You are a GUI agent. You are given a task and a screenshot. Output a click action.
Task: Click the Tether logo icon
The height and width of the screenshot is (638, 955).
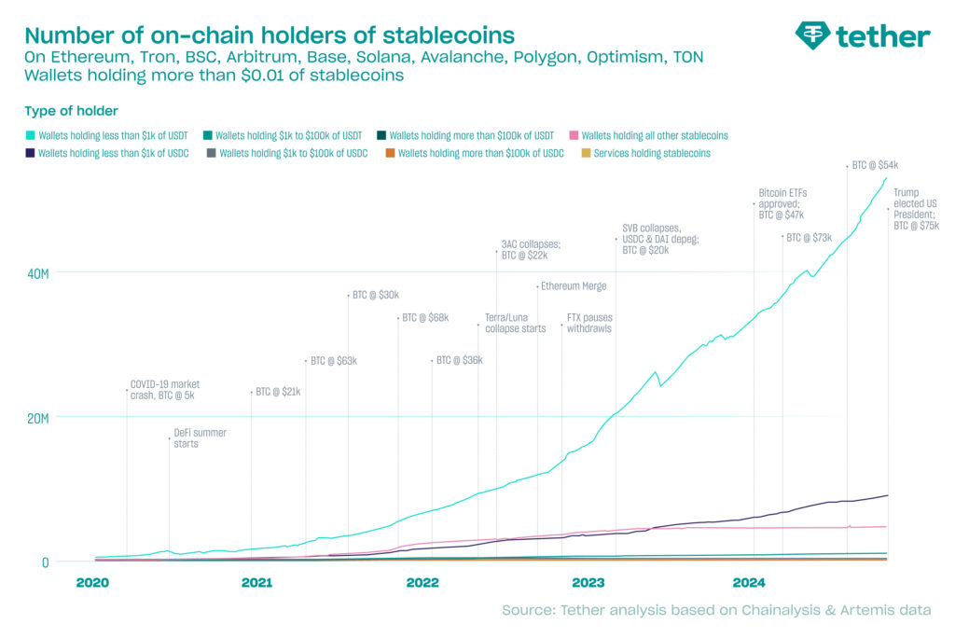tap(812, 35)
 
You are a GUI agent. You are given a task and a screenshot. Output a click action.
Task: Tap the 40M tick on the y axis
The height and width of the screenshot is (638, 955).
tap(37, 273)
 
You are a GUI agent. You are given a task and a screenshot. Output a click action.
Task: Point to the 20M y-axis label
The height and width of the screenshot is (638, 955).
tap(37, 418)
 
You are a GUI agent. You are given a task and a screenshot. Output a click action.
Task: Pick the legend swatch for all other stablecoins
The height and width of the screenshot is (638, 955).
tap(574, 136)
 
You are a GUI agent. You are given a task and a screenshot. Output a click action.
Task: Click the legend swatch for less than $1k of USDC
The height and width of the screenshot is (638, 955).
tap(31, 153)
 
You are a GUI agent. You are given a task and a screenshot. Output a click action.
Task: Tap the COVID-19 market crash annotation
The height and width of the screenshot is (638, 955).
tap(165, 390)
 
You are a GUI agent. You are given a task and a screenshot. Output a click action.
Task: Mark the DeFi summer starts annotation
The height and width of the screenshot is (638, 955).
tap(200, 438)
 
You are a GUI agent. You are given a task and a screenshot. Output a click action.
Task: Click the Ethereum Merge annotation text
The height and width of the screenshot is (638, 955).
tap(574, 286)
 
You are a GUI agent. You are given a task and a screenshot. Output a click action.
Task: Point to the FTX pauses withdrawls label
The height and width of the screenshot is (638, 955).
tap(589, 324)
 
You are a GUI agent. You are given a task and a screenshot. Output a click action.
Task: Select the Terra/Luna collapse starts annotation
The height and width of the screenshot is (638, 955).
tap(515, 324)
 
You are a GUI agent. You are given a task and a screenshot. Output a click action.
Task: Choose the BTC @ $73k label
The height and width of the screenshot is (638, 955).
tap(809, 238)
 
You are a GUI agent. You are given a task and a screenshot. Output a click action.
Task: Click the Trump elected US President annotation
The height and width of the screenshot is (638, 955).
tap(916, 209)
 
